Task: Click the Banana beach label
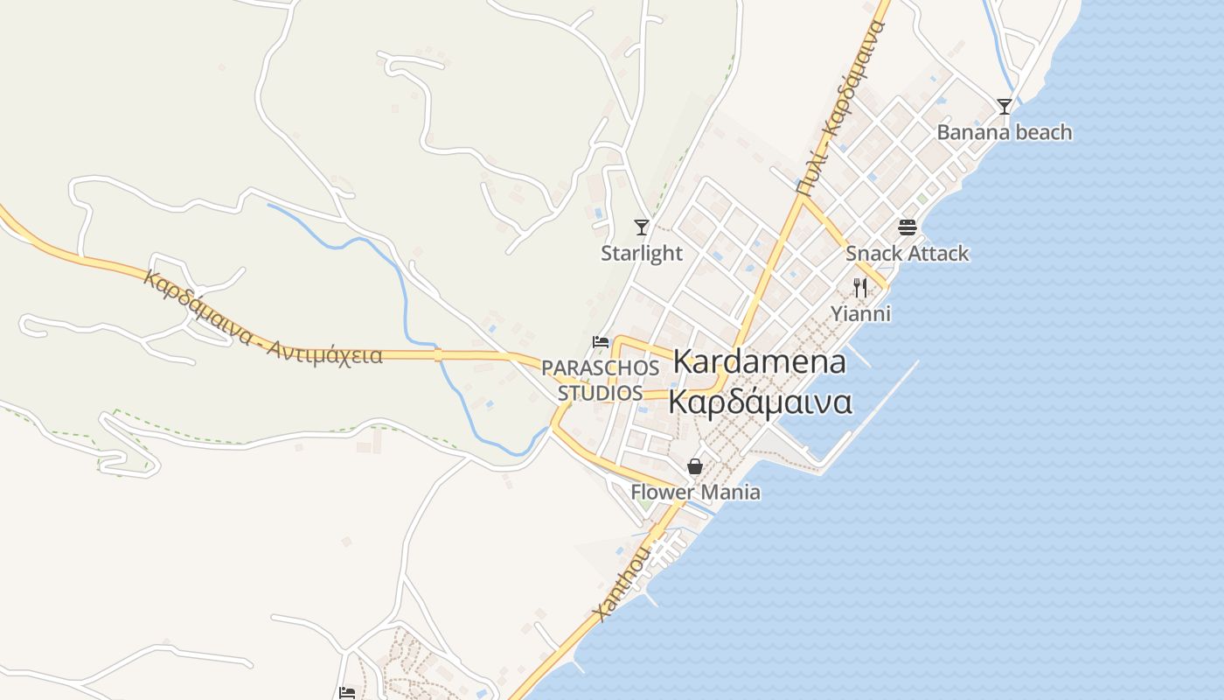coord(1004,132)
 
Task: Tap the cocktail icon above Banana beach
coord(1005,107)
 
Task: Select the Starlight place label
coord(641,253)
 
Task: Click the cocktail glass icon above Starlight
coord(642,227)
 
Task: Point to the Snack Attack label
coord(907,253)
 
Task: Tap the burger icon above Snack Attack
coord(907,227)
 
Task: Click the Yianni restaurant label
coord(860,313)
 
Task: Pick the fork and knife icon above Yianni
coord(860,288)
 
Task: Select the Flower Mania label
coord(695,492)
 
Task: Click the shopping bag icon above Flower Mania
coord(695,466)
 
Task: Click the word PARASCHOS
coord(600,367)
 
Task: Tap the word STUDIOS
coord(600,393)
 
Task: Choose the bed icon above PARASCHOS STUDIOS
coord(601,341)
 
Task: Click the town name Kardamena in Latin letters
coord(759,361)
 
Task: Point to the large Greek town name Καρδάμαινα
coord(759,402)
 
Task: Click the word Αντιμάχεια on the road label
coord(325,352)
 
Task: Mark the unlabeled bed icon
coord(347,693)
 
